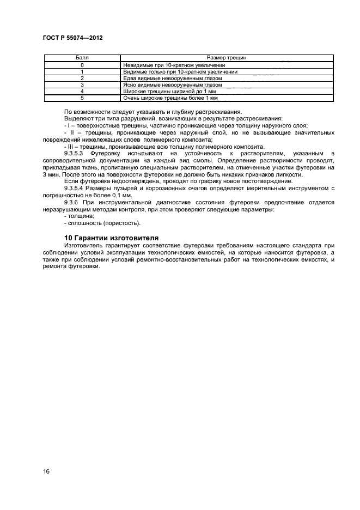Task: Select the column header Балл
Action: click(82, 58)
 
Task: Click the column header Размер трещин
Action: click(228, 58)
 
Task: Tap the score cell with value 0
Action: click(82, 65)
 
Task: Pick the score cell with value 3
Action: click(82, 85)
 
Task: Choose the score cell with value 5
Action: click(82, 98)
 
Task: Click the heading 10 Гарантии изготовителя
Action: click(111, 238)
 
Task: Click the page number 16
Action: click(46, 471)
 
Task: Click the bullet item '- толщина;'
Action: click(79, 216)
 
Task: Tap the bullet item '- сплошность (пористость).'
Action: click(102, 223)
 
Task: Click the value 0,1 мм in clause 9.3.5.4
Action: click(121, 195)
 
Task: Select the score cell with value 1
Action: click(82, 71)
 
